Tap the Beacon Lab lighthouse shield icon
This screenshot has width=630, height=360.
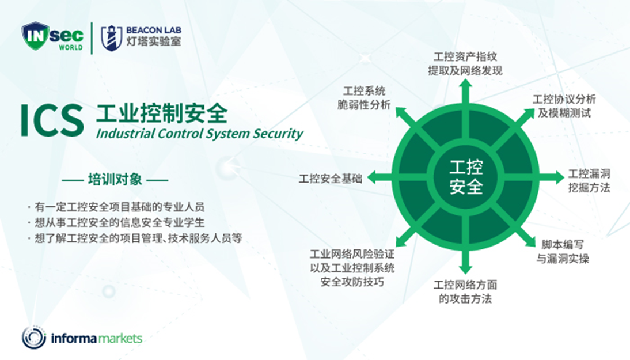(x=111, y=38)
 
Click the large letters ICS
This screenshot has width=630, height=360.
(x=52, y=120)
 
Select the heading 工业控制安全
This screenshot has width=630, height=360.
(x=161, y=113)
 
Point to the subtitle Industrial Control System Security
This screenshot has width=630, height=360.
(x=199, y=134)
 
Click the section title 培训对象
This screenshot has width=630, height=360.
(x=115, y=179)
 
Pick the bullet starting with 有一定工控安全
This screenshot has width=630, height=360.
(x=116, y=207)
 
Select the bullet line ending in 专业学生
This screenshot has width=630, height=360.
(x=116, y=222)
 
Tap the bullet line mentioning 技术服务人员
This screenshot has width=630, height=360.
(x=135, y=238)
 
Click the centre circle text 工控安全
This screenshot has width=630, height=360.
(x=466, y=177)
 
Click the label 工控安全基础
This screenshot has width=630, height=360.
(x=331, y=179)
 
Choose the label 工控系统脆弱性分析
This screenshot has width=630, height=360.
(x=363, y=98)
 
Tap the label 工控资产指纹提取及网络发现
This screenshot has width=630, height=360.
(x=465, y=63)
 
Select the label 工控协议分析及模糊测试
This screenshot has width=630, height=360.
(x=564, y=106)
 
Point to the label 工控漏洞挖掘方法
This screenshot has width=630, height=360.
(x=589, y=180)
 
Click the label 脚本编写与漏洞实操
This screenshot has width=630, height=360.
(x=563, y=252)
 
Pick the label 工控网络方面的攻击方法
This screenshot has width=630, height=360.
(x=465, y=291)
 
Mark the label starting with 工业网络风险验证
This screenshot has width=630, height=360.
(x=352, y=268)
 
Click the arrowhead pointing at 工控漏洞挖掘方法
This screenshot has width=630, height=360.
(x=559, y=177)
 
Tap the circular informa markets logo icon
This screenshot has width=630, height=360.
(x=34, y=338)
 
